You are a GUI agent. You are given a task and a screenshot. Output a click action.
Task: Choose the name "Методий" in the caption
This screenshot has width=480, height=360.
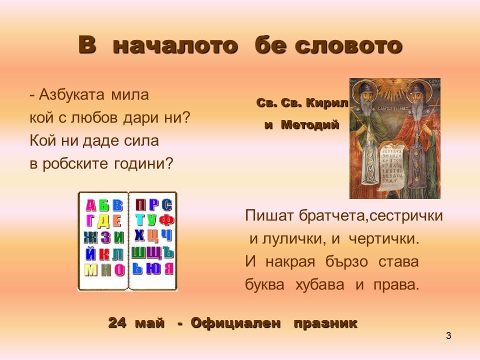click(x=309, y=125)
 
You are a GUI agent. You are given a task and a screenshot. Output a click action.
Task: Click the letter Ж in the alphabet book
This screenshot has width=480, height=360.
click(x=90, y=236)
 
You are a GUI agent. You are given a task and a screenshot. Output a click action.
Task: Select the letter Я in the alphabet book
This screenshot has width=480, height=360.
click(x=168, y=269)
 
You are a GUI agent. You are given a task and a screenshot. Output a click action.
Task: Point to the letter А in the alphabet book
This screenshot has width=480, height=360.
click(x=90, y=205)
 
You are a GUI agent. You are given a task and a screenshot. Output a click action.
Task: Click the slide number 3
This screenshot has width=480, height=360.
click(x=448, y=335)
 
